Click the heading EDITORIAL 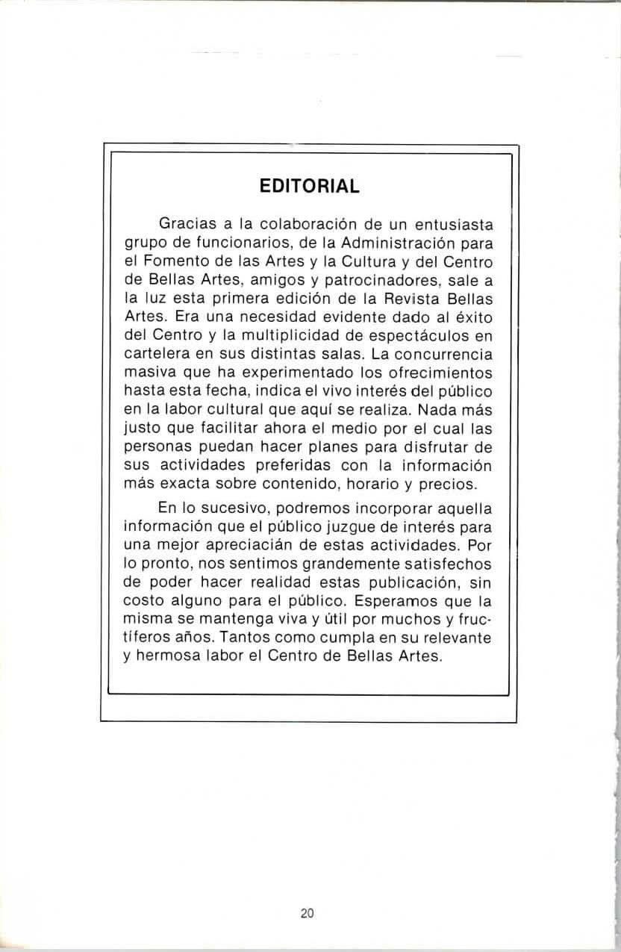pos(309,186)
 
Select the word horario pos(364,484)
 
